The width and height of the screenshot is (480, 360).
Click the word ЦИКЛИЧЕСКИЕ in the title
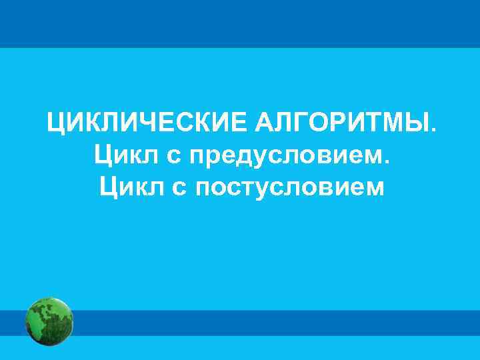[x=146, y=124]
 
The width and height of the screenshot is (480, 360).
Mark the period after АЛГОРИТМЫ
[x=435, y=130]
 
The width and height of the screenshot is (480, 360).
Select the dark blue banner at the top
[x=240, y=22]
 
